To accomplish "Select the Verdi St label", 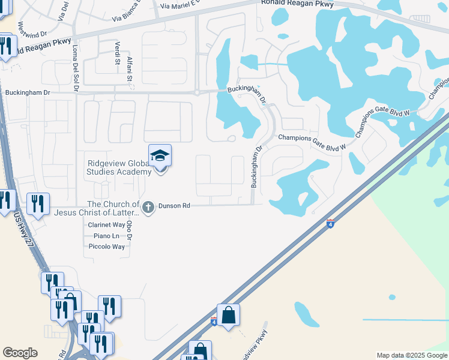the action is pyautogui.click(x=117, y=53).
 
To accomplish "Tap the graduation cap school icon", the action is pyautogui.click(x=160, y=156).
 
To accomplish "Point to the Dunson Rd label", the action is pyautogui.click(x=174, y=206).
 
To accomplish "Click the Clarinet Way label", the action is pyautogui.click(x=106, y=224).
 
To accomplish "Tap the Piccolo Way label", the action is pyautogui.click(x=106, y=247).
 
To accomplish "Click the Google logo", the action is pyautogui.click(x=20, y=353).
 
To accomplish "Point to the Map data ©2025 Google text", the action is pyautogui.click(x=411, y=355).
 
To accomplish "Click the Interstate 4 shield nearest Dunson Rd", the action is pyautogui.click(x=331, y=224).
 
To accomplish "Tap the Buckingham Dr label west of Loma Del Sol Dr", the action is pyautogui.click(x=28, y=93).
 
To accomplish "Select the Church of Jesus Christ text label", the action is pyautogui.click(x=97, y=208).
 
